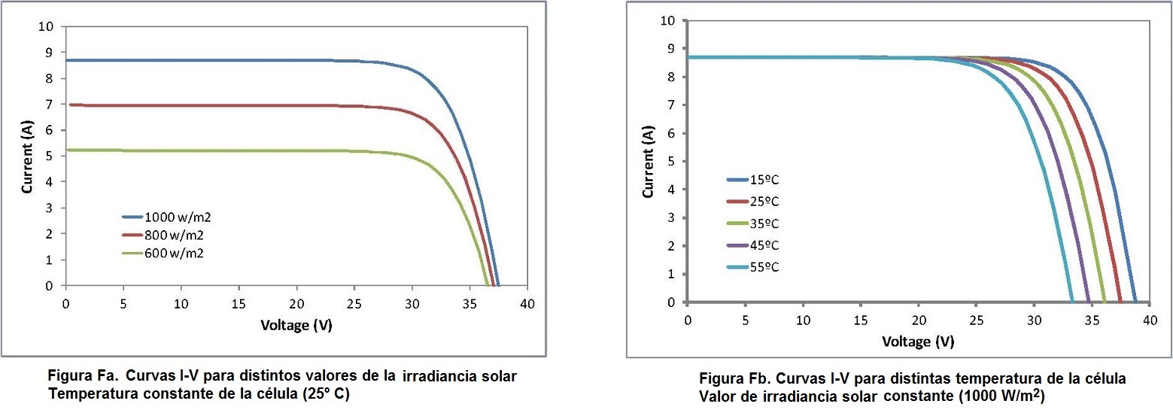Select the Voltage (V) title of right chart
pos(918,342)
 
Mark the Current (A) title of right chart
pos(648,162)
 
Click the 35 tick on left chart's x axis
pos(470,302)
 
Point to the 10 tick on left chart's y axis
pos(47,26)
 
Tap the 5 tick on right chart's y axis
pos(671,162)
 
